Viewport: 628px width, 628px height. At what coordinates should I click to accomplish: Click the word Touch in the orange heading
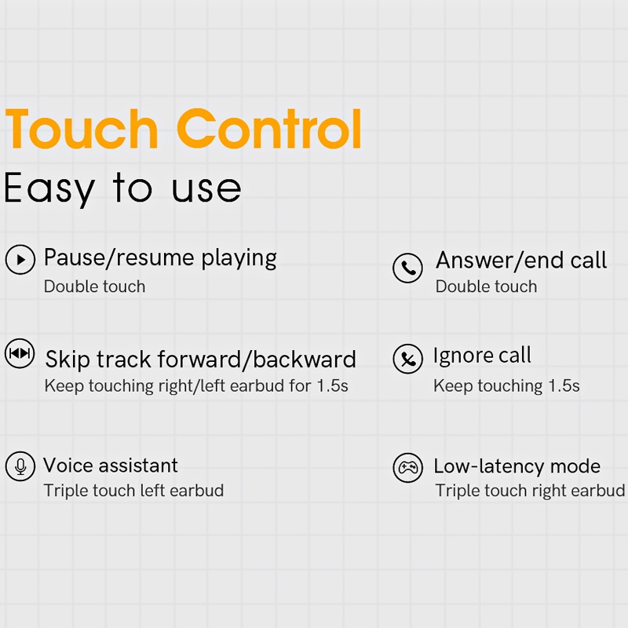point(82,129)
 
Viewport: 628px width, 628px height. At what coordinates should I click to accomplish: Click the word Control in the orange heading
point(269,129)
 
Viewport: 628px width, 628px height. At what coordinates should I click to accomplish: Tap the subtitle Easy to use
point(122,188)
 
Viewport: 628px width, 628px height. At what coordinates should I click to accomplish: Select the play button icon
point(20,260)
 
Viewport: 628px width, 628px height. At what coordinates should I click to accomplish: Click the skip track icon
point(20,353)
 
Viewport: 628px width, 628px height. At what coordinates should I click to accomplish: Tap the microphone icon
point(20,466)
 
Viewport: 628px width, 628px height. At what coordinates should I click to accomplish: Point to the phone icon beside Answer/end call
point(407,268)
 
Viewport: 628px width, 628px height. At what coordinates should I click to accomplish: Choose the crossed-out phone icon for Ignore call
point(407,359)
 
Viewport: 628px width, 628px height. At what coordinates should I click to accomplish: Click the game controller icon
point(407,468)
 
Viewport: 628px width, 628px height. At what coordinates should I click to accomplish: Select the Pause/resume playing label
point(160,258)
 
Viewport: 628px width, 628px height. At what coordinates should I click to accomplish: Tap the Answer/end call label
point(521,261)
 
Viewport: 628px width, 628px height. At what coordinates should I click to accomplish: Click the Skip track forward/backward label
point(201,360)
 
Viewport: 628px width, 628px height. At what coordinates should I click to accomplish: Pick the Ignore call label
point(482,356)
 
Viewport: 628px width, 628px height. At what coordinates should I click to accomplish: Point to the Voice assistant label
point(111,466)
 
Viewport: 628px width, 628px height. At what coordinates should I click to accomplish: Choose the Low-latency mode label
point(517,466)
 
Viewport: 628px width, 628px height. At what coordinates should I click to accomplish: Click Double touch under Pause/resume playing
point(94,287)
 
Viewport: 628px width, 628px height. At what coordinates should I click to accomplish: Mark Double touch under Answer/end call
point(486,287)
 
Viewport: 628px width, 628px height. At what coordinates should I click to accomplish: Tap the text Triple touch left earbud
point(133,491)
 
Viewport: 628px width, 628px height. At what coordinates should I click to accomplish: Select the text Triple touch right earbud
point(531,491)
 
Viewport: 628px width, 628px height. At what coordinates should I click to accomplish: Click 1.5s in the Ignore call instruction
point(564,385)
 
